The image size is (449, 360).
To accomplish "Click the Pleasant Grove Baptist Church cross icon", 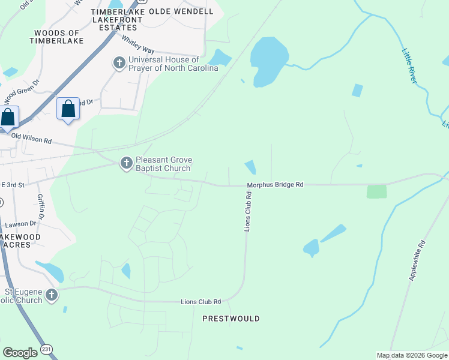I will pos(126,163).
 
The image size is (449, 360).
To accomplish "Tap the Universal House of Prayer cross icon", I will pos(119,63).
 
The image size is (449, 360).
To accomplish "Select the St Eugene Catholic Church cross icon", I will pos(52,295).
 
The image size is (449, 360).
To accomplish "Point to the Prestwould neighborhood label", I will pos(231,319).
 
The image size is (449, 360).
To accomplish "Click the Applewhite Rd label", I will pos(417,260).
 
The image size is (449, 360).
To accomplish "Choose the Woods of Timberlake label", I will pos(57,37).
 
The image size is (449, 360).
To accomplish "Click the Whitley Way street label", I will pos(137,44).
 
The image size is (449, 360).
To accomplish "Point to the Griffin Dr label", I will pos(41,207).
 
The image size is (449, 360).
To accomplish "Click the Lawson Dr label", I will pos(21,224).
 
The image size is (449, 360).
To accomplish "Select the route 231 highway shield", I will pos(47,349).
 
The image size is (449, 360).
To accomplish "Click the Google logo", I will pos(20,353).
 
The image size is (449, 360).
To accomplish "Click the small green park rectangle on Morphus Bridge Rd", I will pos(376,191).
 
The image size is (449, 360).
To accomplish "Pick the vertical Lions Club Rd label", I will pos(247,212).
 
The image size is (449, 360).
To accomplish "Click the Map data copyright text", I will pos(412,355).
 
